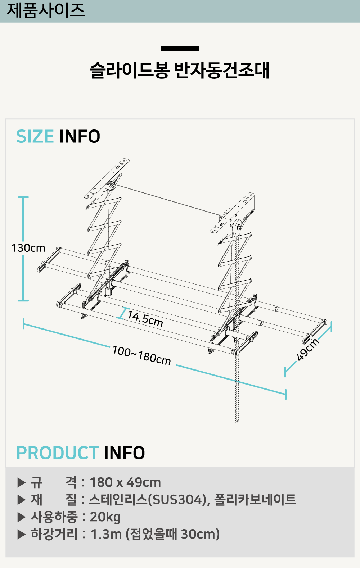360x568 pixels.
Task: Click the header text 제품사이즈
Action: [46, 10]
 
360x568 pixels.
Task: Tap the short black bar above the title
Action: [180, 49]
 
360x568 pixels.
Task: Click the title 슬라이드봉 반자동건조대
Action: [179, 71]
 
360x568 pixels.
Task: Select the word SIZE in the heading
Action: [35, 137]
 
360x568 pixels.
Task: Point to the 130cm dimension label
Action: [28, 248]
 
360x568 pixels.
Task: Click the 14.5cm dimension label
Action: [145, 319]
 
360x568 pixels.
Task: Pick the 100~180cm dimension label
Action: [141, 355]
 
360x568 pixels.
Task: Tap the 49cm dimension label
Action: [308, 349]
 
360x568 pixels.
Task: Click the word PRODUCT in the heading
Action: [58, 453]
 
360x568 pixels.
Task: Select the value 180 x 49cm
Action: [125, 482]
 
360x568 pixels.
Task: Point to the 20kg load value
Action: [105, 517]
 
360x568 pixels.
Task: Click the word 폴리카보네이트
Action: [255, 500]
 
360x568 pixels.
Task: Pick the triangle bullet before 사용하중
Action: [22, 517]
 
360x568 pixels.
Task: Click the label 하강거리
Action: [54, 534]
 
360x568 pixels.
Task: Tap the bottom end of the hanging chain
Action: [237, 422]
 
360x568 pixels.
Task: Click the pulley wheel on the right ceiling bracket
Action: [237, 227]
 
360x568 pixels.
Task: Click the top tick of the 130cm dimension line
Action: [23, 197]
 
